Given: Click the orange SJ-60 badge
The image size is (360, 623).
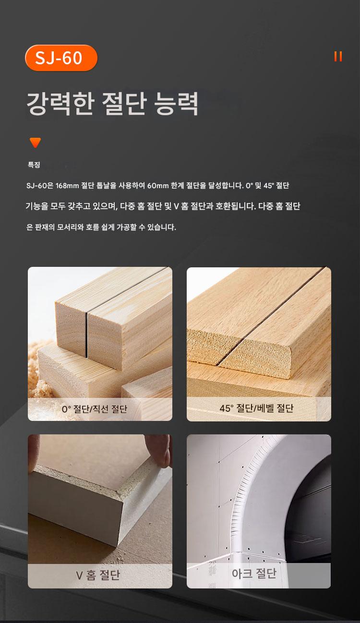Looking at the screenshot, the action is pyautogui.click(x=61, y=58).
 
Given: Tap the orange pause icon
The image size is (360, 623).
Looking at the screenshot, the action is pyautogui.click(x=338, y=57).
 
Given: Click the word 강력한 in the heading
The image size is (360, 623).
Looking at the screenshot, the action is pyautogui.click(x=60, y=103).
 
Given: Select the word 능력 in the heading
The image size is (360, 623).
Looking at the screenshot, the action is pyautogui.click(x=176, y=103).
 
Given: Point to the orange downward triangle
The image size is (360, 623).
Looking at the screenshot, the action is pyautogui.click(x=36, y=143).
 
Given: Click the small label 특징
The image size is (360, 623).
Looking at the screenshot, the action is pyautogui.click(x=34, y=165).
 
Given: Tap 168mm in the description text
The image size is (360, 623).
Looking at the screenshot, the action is pyautogui.click(x=67, y=186).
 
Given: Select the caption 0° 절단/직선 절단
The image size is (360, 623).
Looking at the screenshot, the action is pyautogui.click(x=94, y=409).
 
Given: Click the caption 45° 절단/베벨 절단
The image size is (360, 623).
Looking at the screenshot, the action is pyautogui.click(x=256, y=408).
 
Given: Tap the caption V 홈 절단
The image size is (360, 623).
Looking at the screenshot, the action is pyautogui.click(x=98, y=575).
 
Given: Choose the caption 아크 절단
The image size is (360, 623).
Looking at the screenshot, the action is pyautogui.click(x=254, y=574).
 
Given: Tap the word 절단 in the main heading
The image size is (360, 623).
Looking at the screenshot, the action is pyautogui.click(x=124, y=103).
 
